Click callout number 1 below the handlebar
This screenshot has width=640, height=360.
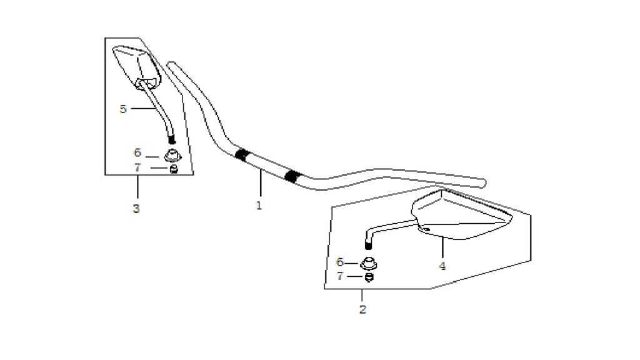(259, 206)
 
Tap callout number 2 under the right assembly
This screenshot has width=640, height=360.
(362, 309)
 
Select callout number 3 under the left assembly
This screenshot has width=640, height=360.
(136, 209)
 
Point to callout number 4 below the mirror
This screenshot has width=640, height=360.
(442, 266)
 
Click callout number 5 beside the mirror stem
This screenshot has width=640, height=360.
(123, 109)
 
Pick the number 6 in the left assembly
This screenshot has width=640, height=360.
(137, 152)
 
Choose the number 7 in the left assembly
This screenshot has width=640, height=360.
(137, 167)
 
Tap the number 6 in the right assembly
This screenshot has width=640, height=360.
(340, 262)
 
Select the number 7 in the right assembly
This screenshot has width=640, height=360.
(340, 276)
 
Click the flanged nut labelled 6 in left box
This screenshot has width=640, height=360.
(172, 156)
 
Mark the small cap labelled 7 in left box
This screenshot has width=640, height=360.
(174, 169)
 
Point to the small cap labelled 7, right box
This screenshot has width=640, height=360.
(369, 277)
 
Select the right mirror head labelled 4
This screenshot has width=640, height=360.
(461, 215)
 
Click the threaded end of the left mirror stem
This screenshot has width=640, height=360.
(172, 140)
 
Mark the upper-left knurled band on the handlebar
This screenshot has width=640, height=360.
(242, 155)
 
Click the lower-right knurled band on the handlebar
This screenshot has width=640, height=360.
(292, 176)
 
